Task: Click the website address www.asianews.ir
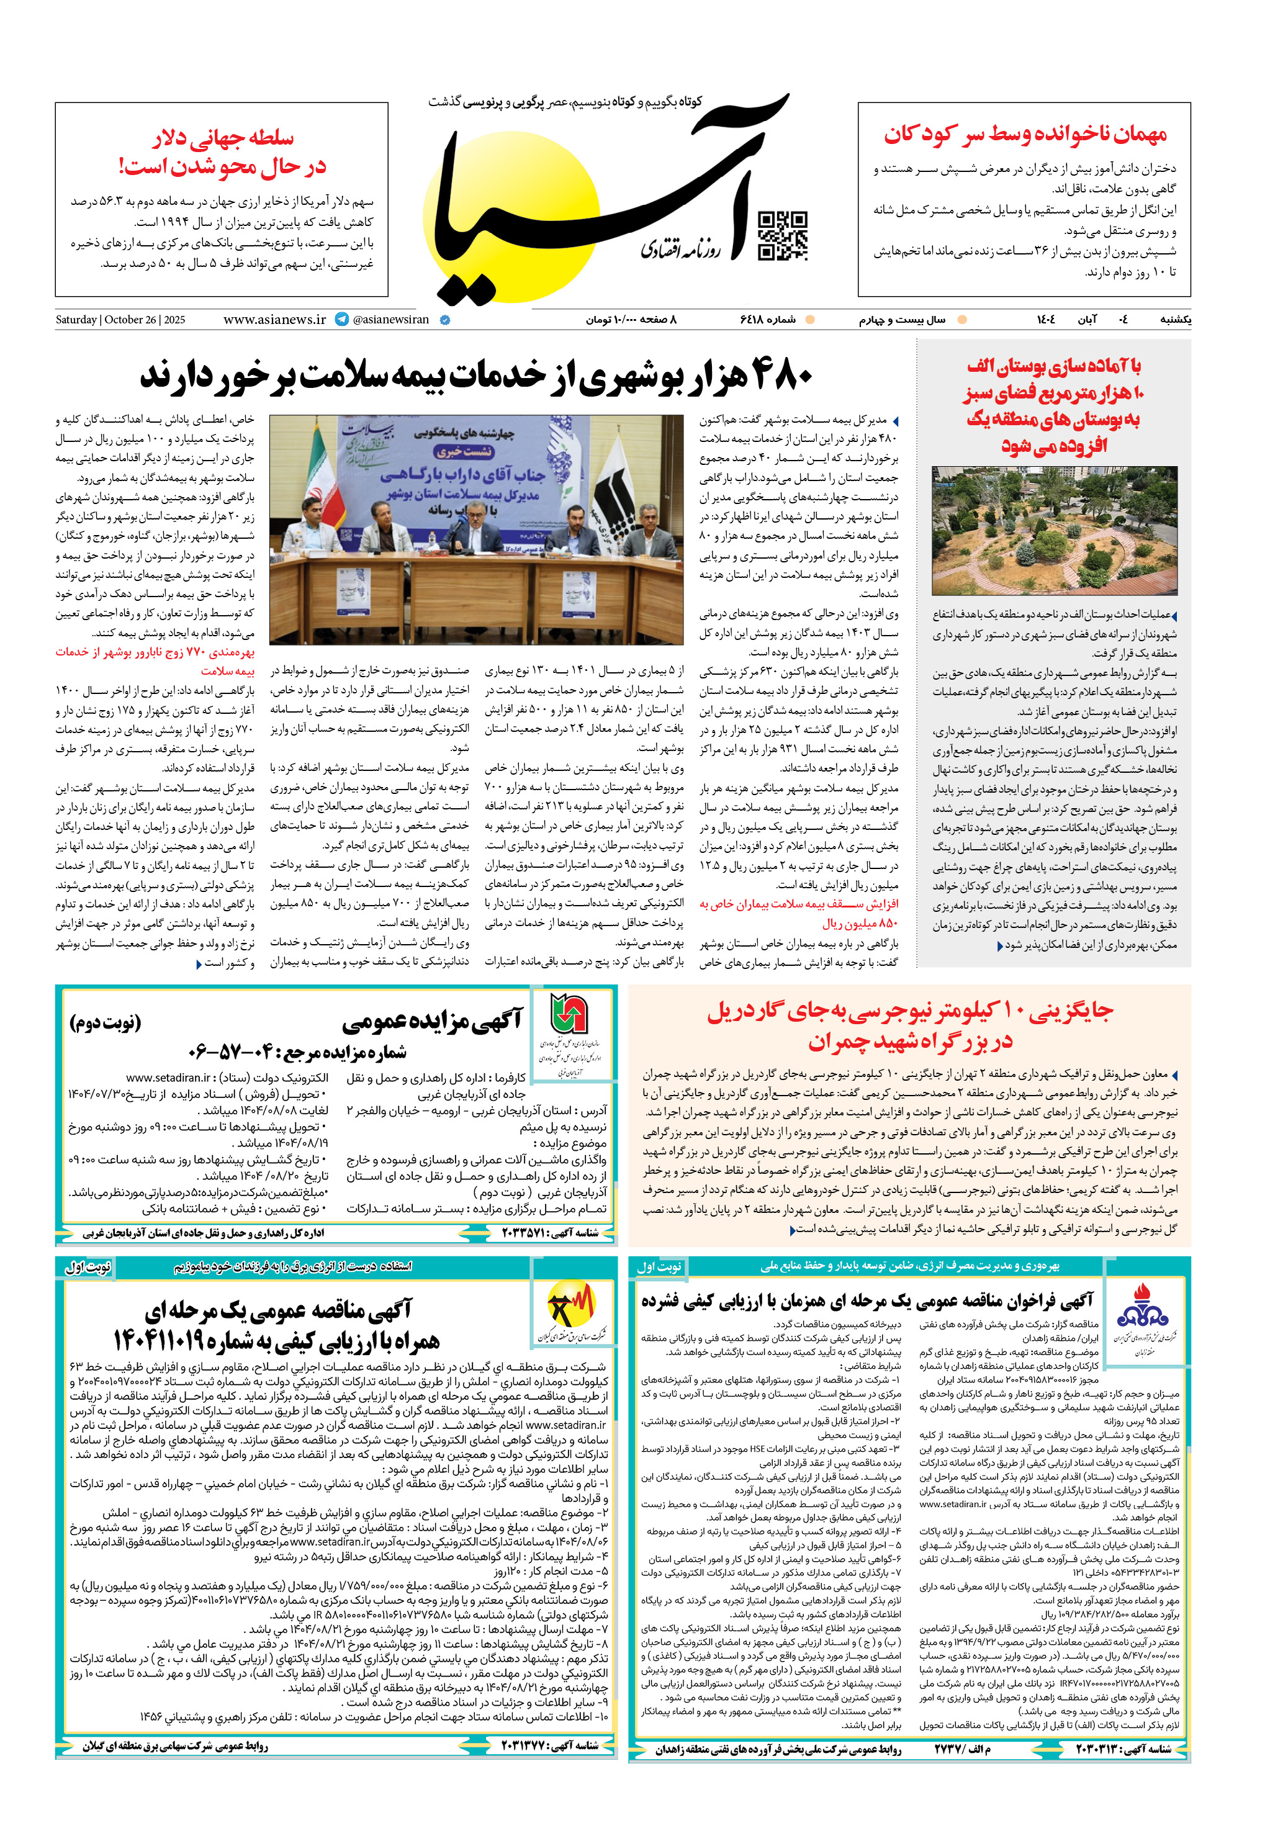pyautogui.click(x=274, y=319)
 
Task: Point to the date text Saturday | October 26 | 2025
pyautogui.click(x=120, y=319)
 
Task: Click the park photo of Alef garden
pyautogui.click(x=1054, y=530)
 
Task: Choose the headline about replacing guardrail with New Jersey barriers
pyautogui.click(x=909, y=1026)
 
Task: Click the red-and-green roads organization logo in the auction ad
pyautogui.click(x=569, y=1015)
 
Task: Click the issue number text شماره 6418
pyautogui.click(x=767, y=319)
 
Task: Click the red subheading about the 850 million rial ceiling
pyautogui.click(x=798, y=913)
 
